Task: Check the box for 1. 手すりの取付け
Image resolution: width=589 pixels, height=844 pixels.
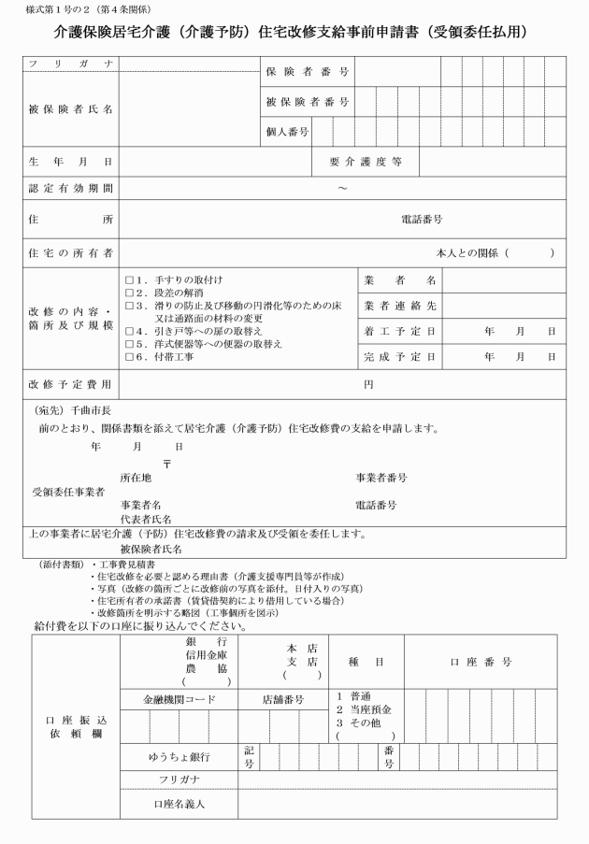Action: [129, 279]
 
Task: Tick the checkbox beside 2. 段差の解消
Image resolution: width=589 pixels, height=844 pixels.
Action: [129, 293]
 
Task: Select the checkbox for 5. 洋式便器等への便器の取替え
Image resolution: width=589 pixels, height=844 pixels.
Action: [129, 344]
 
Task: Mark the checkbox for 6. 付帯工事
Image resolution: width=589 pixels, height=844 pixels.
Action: [129, 357]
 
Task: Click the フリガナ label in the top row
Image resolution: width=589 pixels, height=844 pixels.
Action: [71, 64]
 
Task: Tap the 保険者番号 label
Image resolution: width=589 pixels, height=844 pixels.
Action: [307, 71]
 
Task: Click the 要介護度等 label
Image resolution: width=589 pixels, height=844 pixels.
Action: [366, 162]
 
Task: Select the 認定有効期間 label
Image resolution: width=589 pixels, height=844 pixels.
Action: [71, 189]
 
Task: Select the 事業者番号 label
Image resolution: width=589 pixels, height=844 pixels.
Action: [381, 477]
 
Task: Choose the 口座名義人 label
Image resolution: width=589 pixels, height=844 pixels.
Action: [178, 802]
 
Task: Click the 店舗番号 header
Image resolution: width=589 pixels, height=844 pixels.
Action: [283, 698]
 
